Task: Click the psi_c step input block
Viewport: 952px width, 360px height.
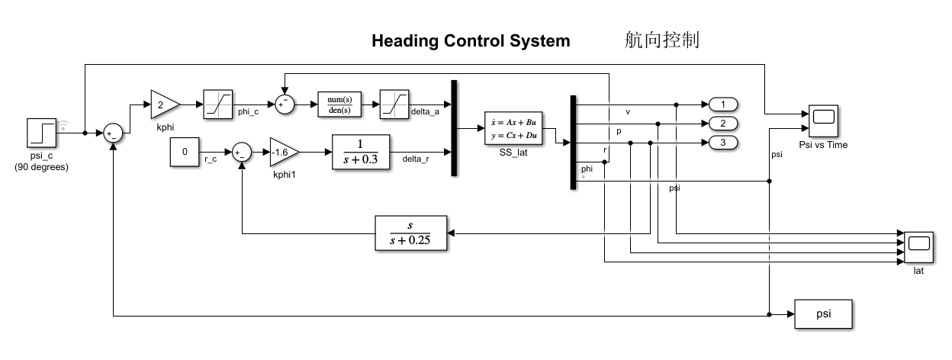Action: click(x=41, y=132)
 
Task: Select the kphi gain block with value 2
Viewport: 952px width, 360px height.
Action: click(x=165, y=103)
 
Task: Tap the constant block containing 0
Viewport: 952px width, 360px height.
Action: click(x=185, y=152)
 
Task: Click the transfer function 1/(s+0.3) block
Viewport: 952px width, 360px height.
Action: click(x=360, y=152)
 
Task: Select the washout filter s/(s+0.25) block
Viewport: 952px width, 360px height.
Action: click(x=411, y=233)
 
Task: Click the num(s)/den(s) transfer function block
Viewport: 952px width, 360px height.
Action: click(x=339, y=104)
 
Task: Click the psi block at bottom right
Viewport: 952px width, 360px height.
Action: click(x=824, y=314)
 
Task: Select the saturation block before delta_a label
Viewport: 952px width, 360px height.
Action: click(x=394, y=103)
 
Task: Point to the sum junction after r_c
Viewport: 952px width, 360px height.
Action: click(x=242, y=152)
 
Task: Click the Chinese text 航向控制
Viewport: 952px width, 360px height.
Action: click(x=661, y=40)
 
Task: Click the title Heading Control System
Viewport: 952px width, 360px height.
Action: click(x=471, y=41)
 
